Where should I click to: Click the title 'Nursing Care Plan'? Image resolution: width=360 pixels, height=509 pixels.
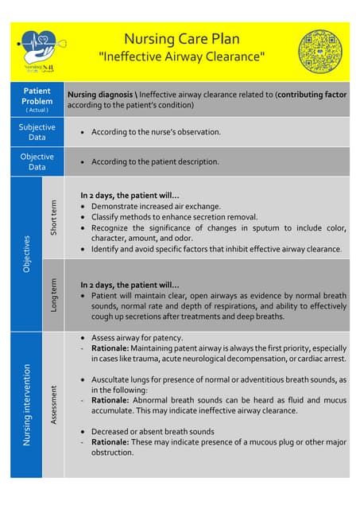pos(181,39)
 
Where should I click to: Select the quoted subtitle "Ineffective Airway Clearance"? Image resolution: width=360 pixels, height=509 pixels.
pos(181,56)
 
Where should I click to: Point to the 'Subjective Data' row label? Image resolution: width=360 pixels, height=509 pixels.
pos(37,132)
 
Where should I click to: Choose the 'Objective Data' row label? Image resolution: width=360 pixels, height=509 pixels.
pos(37,161)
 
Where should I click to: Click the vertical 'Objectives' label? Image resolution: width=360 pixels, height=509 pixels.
pos(25,253)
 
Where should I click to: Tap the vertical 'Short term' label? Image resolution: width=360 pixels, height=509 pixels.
pos(53,216)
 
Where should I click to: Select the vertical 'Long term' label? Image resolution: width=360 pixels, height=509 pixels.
pos(53,294)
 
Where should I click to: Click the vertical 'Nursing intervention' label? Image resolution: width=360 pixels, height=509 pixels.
pos(25,404)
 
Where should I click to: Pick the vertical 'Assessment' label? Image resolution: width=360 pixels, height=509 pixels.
pos(53,404)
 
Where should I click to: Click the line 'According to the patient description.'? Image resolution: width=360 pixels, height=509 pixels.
pos(155,161)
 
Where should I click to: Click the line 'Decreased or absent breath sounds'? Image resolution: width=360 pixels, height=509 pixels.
pos(153,432)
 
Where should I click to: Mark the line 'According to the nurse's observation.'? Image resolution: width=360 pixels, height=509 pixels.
pos(156,132)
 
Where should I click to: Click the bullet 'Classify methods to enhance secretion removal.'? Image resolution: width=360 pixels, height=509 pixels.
pos(174,216)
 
